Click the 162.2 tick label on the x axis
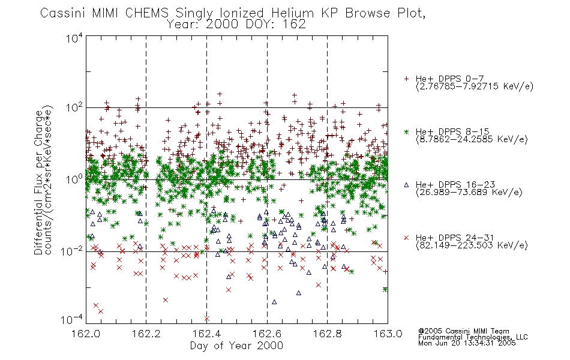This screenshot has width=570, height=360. pos(146,334)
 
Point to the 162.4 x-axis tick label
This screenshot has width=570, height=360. pos(206,334)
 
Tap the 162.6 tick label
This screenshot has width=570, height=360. pos(267,334)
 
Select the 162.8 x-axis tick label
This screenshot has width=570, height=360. pos(327,334)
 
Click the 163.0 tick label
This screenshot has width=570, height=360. pos(388,334)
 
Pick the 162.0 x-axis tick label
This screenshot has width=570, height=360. pos(86,334)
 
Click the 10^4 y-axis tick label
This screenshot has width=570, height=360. pos(74,38)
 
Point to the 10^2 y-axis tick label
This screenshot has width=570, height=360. pos(74,108)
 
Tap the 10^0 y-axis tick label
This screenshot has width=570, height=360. pos(74,179)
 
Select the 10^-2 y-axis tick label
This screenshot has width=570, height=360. pos(72,251)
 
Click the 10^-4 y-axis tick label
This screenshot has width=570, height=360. pos(72,320)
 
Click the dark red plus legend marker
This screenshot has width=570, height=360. pos(406,79)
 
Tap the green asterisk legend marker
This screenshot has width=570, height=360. pos(406,131)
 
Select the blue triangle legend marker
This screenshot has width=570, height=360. pos(406,185)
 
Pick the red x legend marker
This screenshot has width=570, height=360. pos(406,238)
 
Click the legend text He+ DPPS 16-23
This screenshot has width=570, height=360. pos(455,185)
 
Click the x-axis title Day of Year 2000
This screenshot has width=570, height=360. pos(236,346)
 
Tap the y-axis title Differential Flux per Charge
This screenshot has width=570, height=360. pos(38,182)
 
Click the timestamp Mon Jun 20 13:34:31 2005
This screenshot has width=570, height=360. pos(467,343)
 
